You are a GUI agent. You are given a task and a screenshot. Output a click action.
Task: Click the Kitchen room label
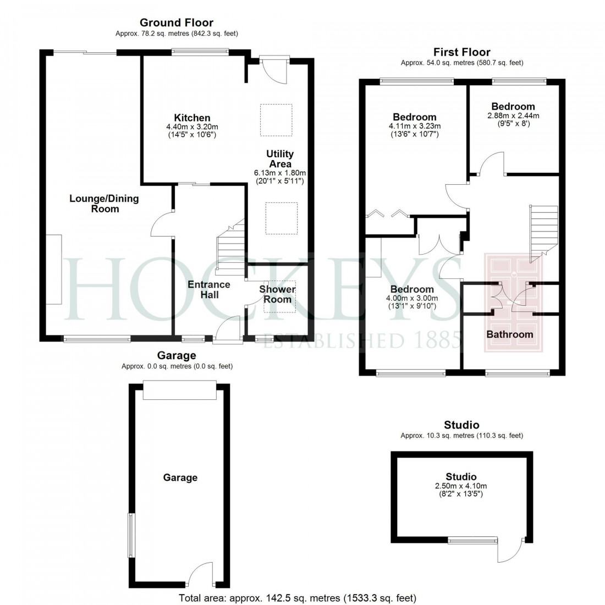[192, 118]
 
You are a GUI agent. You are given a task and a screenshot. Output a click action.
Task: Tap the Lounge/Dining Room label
[104, 204]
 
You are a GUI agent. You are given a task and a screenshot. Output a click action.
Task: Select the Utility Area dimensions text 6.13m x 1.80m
[279, 173]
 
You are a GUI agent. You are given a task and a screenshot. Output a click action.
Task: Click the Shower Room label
[277, 294]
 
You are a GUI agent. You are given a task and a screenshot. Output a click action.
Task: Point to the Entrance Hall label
[209, 289]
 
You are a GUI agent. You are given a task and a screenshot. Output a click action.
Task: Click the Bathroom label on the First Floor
[509, 334]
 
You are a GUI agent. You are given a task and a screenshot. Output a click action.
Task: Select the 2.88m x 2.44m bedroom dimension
[513, 116]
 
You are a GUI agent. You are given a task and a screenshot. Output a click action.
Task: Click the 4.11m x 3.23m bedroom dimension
[414, 126]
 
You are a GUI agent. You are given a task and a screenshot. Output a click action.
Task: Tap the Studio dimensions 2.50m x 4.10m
[461, 486]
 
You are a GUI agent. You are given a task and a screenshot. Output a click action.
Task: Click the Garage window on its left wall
[131, 535]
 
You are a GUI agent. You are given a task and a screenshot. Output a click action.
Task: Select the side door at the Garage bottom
[200, 574]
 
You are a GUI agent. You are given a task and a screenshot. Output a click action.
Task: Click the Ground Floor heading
[176, 23]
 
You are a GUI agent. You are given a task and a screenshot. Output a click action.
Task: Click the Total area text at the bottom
[298, 598]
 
